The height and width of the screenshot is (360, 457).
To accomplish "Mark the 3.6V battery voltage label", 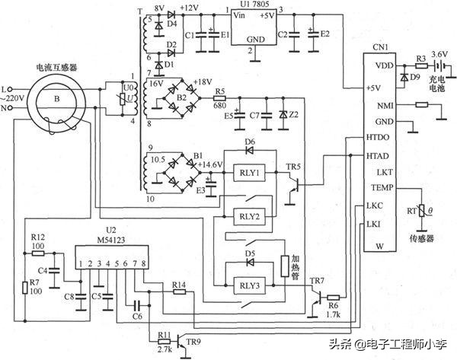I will [x=439, y=55].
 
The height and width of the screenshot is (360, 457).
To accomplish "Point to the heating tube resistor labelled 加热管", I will [x=286, y=266].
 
